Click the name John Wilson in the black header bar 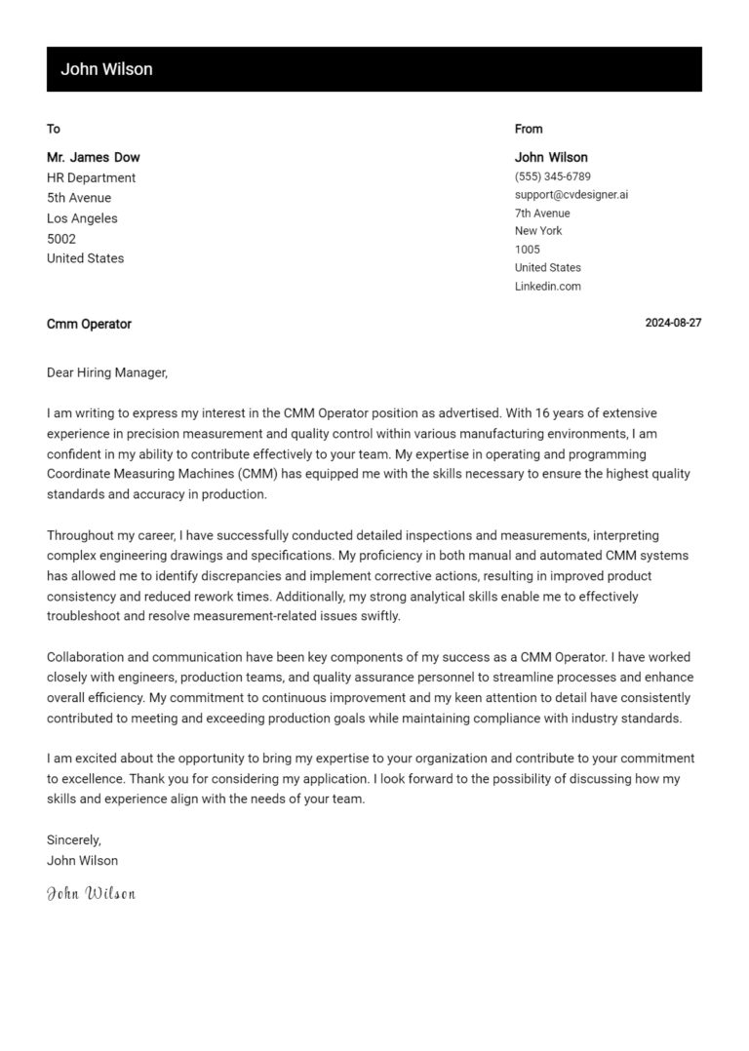click(x=106, y=69)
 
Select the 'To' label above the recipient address click(x=54, y=129)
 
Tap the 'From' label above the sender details click(x=529, y=129)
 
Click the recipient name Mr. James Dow click(x=94, y=157)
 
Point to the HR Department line click(x=92, y=177)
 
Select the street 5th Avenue click(x=79, y=198)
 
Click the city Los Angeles click(x=82, y=218)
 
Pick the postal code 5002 click(x=61, y=239)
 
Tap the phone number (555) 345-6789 click(x=553, y=176)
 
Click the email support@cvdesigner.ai click(x=572, y=195)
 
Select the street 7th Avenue click(x=542, y=214)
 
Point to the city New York click(x=538, y=231)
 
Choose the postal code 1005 click(x=528, y=250)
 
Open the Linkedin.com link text click(x=548, y=287)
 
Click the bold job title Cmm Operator click(x=89, y=324)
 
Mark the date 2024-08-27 click(x=673, y=324)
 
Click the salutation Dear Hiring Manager click(x=107, y=372)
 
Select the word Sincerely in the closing click(x=74, y=839)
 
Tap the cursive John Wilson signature click(x=92, y=893)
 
